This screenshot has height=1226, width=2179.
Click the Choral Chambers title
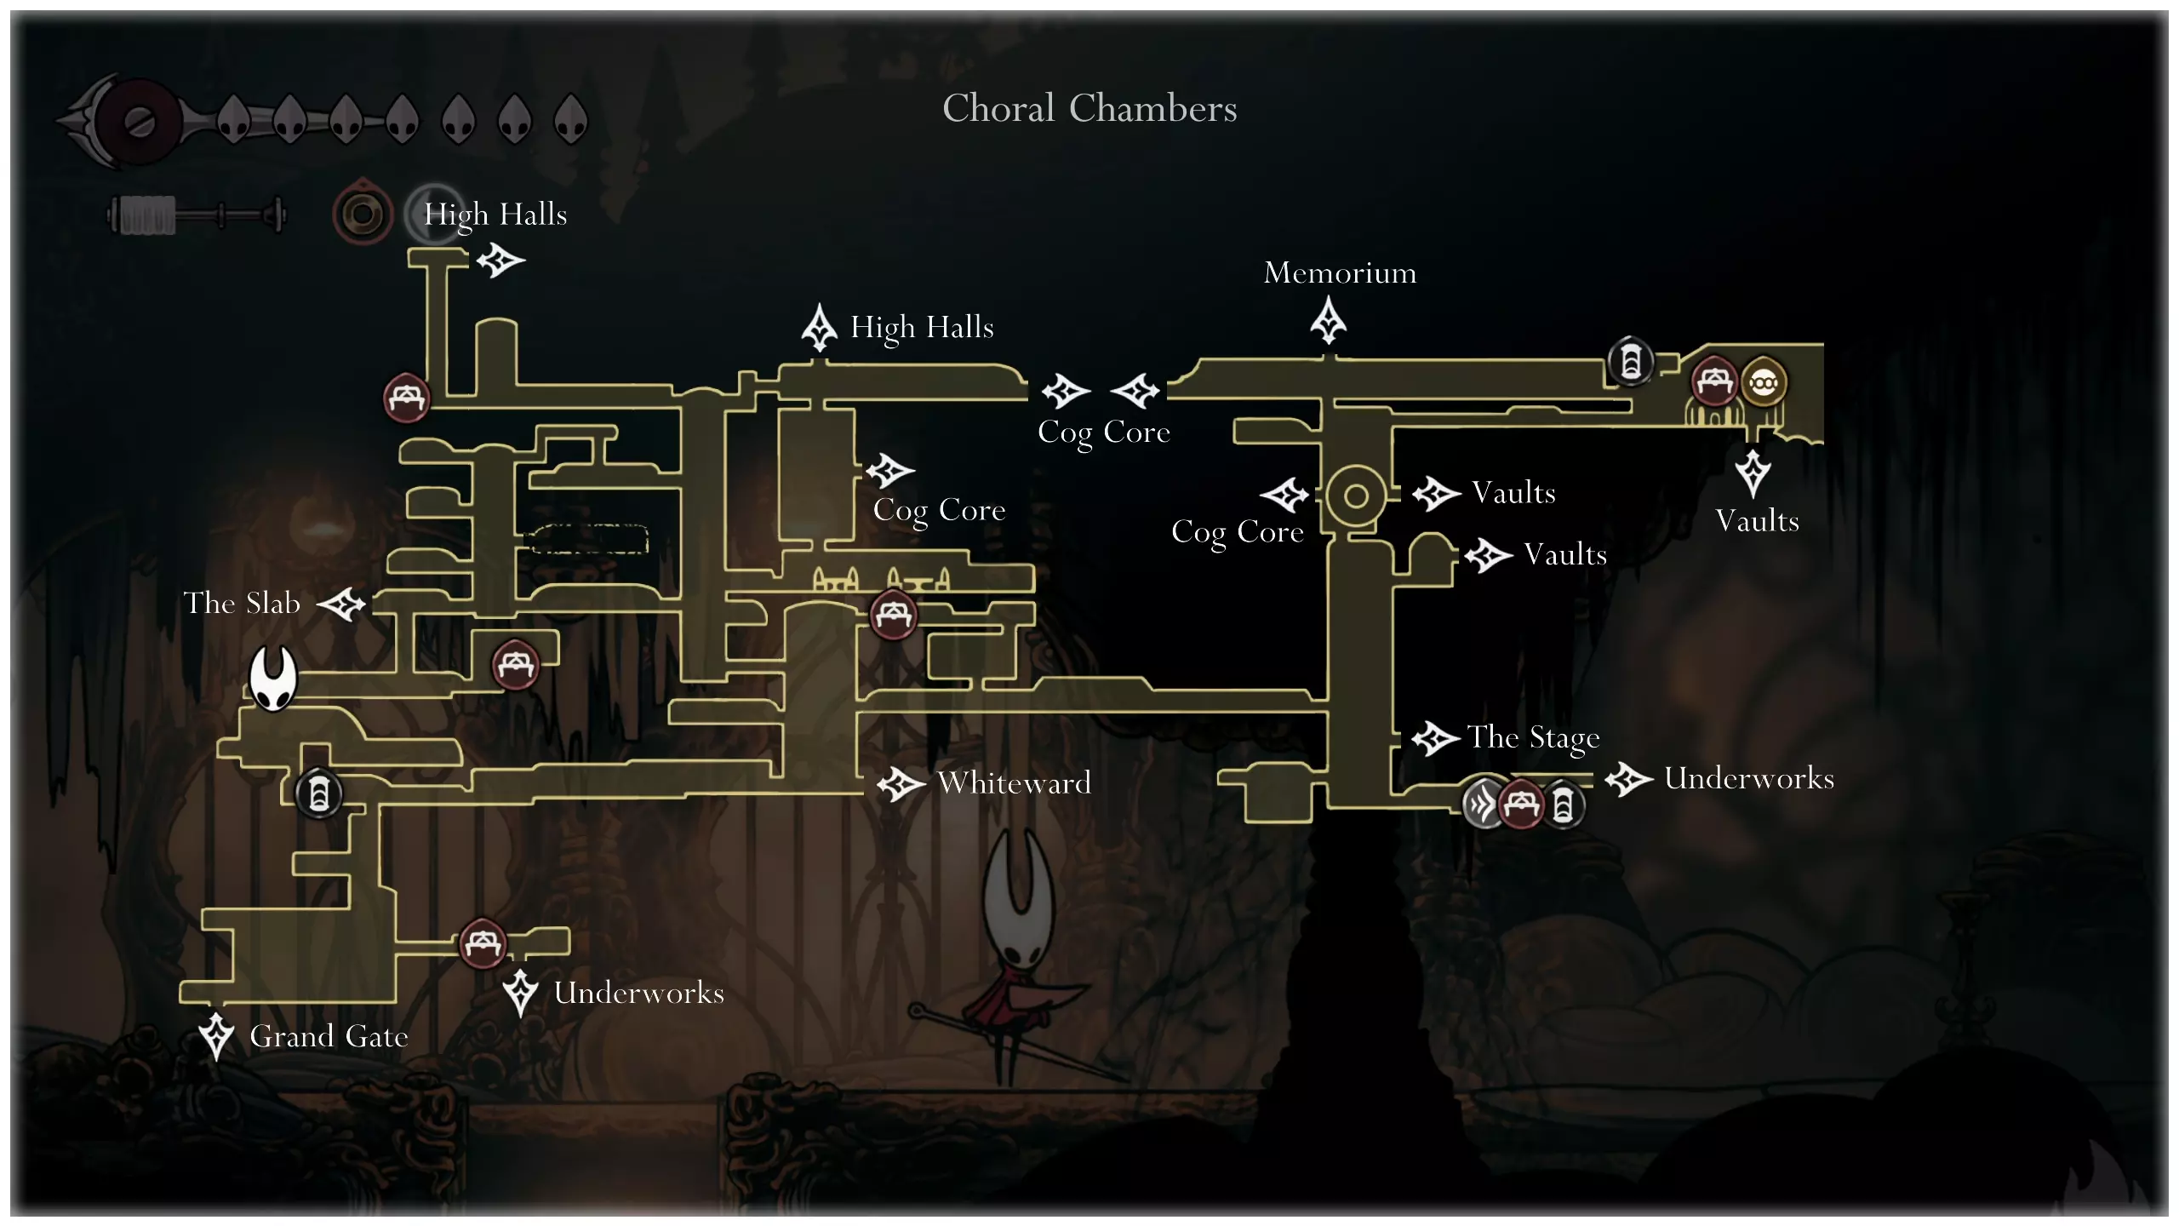1089,108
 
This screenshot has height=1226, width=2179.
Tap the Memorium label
1340,272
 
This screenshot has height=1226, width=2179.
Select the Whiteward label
1014,782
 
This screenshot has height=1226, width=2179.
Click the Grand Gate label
329,1036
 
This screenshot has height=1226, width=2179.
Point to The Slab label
242,603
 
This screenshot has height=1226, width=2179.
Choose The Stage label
1533,737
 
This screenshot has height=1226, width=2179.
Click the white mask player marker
272,678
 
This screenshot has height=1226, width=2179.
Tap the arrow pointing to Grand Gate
216,1035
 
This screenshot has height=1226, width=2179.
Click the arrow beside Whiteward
901,784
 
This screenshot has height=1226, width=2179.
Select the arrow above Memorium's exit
1328,320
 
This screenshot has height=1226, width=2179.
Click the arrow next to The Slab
342,604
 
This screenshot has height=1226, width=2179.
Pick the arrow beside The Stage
1435,738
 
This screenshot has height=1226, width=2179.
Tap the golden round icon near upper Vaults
1763,383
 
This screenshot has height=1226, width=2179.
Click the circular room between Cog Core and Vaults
1356,496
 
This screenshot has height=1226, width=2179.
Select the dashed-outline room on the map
587,539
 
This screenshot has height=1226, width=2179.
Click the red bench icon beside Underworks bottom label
483,942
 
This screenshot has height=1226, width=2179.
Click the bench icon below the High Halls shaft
406,398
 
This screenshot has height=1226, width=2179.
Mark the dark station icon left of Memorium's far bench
1630,362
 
